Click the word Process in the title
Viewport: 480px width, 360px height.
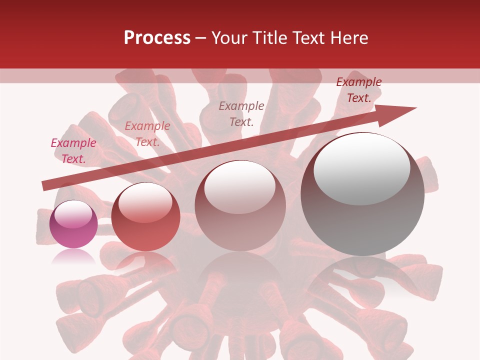pyautogui.click(x=157, y=38)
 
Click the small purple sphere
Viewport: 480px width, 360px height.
pyautogui.click(x=73, y=224)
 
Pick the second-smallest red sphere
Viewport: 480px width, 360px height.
pyautogui.click(x=145, y=216)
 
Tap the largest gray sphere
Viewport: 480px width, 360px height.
pyautogui.click(x=362, y=194)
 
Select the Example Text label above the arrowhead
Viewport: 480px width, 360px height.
pyautogui.click(x=358, y=90)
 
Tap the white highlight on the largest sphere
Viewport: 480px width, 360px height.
pyautogui.click(x=362, y=169)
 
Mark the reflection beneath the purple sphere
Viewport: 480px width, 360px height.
pyautogui.click(x=73, y=256)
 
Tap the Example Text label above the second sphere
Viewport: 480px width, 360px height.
pyautogui.click(x=147, y=134)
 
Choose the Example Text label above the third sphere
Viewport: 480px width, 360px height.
pyautogui.click(x=241, y=114)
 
